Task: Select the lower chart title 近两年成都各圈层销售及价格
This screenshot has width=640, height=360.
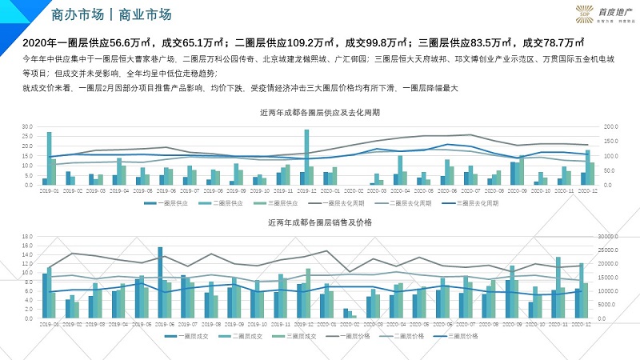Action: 320,224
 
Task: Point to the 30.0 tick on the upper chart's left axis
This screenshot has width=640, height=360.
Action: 26,127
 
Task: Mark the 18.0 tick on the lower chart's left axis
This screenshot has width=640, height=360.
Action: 26,237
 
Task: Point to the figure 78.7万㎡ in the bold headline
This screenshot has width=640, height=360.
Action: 563,43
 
